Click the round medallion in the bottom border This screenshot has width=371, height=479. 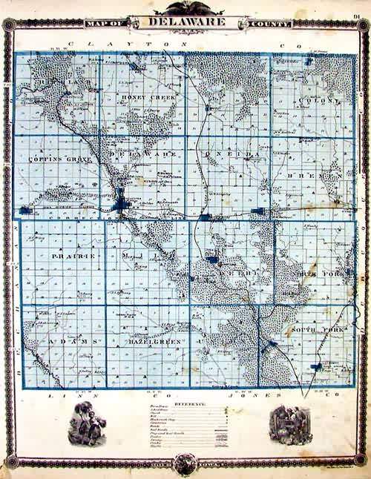(x=185, y=463)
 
